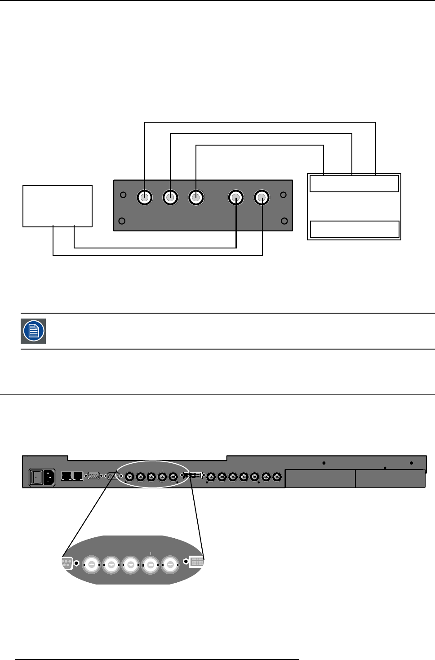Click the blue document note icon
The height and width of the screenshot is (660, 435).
coord(34,331)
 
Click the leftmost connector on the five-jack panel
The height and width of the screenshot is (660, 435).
coord(144,197)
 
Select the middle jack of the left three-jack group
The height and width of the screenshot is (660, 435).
coord(170,197)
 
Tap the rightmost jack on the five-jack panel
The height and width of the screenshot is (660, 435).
coord(262,197)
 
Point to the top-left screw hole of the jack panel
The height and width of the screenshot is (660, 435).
coord(123,195)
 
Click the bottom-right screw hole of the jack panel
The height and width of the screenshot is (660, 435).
coord(284,221)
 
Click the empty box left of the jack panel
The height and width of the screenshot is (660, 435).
coord(58,206)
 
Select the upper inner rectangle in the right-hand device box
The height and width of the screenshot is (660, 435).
coord(354,183)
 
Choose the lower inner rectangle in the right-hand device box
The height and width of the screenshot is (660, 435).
coord(355,229)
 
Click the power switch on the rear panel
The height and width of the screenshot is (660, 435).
coord(36,477)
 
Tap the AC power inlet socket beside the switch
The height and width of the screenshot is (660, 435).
coord(49,477)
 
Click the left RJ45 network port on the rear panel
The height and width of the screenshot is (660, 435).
coord(67,475)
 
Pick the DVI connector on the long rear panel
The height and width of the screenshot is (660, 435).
coord(193,475)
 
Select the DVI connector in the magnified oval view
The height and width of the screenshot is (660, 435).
coord(197,562)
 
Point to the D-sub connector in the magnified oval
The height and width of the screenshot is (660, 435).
coord(67,563)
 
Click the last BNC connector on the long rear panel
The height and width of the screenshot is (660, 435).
coord(277,477)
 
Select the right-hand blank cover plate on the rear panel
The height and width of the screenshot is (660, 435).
coord(390,478)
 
